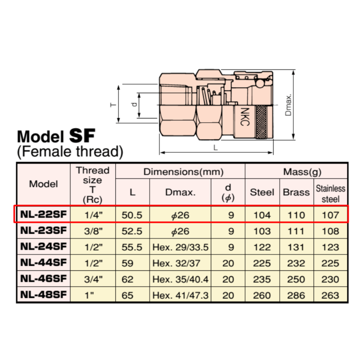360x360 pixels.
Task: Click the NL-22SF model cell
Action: [x=43, y=214]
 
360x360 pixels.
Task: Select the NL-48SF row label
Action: [x=43, y=295]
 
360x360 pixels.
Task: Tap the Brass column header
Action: [x=296, y=192]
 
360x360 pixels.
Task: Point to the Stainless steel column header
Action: [x=330, y=194]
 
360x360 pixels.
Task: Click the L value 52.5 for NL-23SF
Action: [x=132, y=231]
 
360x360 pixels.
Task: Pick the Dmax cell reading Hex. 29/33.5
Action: [x=180, y=247]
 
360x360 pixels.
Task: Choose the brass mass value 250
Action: [x=296, y=279]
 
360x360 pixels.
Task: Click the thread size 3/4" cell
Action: [x=93, y=279]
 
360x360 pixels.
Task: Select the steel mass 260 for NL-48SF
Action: [x=262, y=295]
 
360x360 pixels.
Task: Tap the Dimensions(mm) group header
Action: [x=184, y=172]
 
